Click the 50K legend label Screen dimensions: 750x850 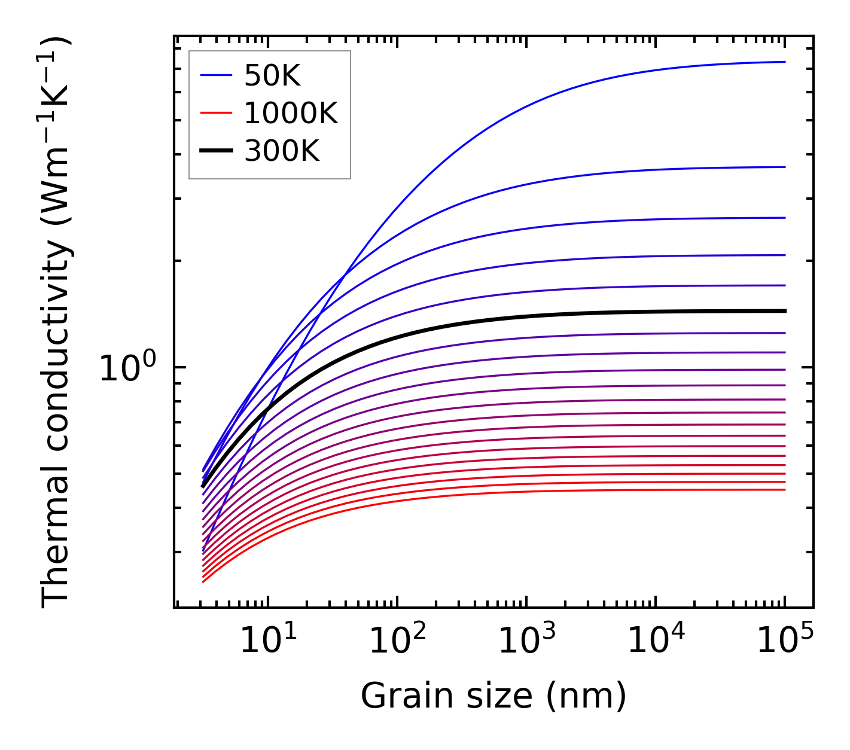[x=272, y=76]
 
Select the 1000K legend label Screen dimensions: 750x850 [x=291, y=113]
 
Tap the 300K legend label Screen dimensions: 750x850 [x=282, y=151]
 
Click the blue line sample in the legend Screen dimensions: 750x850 [x=215, y=75]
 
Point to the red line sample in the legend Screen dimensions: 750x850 [x=215, y=112]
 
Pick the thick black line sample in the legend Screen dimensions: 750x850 [x=215, y=151]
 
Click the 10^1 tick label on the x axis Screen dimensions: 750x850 [x=268, y=641]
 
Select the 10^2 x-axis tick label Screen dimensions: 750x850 [x=397, y=641]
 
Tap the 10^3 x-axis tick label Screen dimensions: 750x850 [x=526, y=641]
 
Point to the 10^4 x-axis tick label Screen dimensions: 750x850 [x=656, y=641]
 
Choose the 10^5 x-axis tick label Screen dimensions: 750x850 [x=785, y=641]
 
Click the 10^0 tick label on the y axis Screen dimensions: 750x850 [x=127, y=368]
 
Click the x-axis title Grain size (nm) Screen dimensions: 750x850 [x=493, y=696]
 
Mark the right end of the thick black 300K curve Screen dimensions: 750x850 [x=784, y=311]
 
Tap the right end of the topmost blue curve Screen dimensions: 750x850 [x=784, y=62]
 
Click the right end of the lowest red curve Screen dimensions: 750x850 [x=784, y=490]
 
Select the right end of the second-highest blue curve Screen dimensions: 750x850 [x=784, y=167]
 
